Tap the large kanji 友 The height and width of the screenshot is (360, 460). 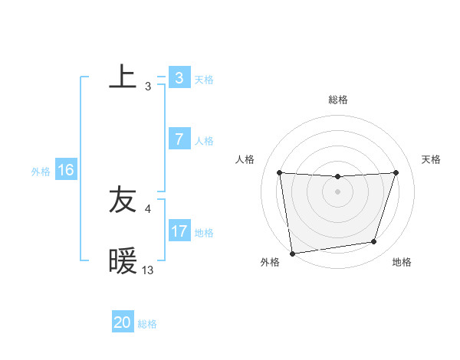coord(123,201)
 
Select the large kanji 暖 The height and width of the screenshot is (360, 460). coord(123,262)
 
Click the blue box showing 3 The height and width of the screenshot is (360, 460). coord(179,78)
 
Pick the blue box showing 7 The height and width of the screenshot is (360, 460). coord(179,139)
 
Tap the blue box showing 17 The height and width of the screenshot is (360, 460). coord(179,231)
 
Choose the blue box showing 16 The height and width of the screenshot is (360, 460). coord(66,170)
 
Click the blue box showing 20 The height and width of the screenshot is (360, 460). coord(123,322)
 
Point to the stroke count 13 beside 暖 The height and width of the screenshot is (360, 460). coord(148,270)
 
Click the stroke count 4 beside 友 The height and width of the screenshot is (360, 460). coord(148,208)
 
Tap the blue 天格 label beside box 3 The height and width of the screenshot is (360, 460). coord(204,80)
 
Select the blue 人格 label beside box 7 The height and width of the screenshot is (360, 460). coord(204,141)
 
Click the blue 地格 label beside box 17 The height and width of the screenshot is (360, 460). coord(204,233)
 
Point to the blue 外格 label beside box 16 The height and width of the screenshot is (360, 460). coord(41,172)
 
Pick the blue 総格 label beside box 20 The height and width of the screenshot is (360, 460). coord(147,324)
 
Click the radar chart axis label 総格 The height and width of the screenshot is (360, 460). coord(337,100)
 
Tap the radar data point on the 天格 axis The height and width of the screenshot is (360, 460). coord(396,172)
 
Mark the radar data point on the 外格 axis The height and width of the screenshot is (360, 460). coord(292,254)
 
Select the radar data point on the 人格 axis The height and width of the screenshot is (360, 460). coord(279,172)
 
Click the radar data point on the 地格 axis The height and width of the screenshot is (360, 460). coord(374,242)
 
